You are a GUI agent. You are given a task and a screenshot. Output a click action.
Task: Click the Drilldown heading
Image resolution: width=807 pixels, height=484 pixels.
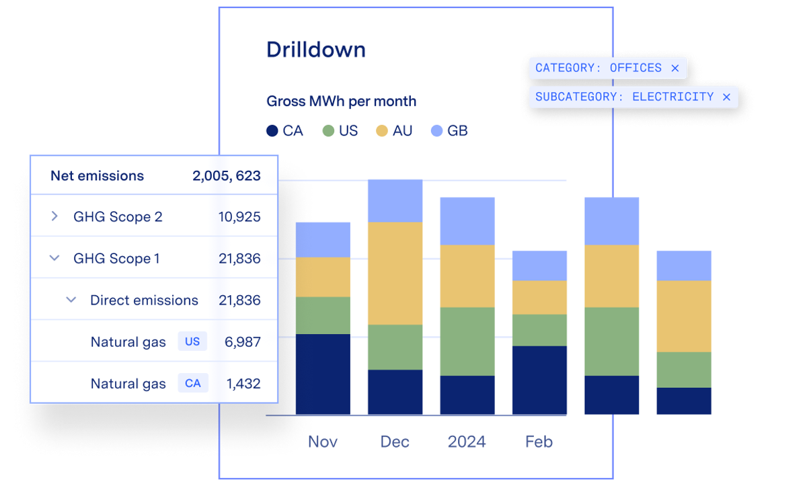pyautogui.click(x=315, y=50)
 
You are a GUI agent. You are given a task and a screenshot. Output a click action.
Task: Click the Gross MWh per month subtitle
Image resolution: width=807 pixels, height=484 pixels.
pyautogui.click(x=341, y=102)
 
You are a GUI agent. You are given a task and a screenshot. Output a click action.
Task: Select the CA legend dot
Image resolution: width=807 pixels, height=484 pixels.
pyautogui.click(x=272, y=131)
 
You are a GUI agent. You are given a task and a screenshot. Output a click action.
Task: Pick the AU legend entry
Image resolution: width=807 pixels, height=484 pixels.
pyautogui.click(x=394, y=131)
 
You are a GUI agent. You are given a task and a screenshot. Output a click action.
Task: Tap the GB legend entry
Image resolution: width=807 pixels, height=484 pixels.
pyautogui.click(x=449, y=131)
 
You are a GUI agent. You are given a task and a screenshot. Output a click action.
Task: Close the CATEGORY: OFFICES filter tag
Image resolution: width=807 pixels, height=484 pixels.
pyautogui.click(x=675, y=68)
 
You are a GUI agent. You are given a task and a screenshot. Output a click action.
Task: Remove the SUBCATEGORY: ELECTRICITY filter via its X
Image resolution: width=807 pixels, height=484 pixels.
pyautogui.click(x=726, y=97)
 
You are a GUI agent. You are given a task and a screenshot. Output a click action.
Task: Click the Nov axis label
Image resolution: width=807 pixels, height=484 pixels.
pyautogui.click(x=323, y=442)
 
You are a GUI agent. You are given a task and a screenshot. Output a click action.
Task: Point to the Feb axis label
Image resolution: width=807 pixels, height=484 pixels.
pyautogui.click(x=539, y=442)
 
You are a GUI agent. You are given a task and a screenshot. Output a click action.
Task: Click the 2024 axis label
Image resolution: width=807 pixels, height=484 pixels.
pyautogui.click(x=467, y=442)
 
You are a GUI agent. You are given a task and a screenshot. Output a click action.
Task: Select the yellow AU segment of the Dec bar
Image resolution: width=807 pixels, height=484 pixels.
pyautogui.click(x=395, y=273)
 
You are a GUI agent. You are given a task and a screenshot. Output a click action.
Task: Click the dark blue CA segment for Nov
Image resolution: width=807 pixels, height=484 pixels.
pyautogui.click(x=323, y=374)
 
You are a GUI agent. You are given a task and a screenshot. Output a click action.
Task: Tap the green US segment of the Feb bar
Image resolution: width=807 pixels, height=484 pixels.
pyautogui.click(x=539, y=330)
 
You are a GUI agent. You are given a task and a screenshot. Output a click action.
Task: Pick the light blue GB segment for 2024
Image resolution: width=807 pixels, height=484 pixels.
pyautogui.click(x=467, y=220)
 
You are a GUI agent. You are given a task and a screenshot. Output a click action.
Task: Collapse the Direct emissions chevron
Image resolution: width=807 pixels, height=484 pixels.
pyautogui.click(x=71, y=300)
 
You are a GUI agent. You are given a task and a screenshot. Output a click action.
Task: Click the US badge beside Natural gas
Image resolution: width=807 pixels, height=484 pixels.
pyautogui.click(x=192, y=341)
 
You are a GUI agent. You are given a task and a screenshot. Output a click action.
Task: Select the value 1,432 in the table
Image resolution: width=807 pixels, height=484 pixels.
pyautogui.click(x=243, y=384)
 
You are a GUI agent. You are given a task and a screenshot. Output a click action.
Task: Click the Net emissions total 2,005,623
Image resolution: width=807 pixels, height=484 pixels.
pyautogui.click(x=226, y=176)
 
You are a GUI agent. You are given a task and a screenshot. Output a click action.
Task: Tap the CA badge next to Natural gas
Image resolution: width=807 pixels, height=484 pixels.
pyautogui.click(x=193, y=383)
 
